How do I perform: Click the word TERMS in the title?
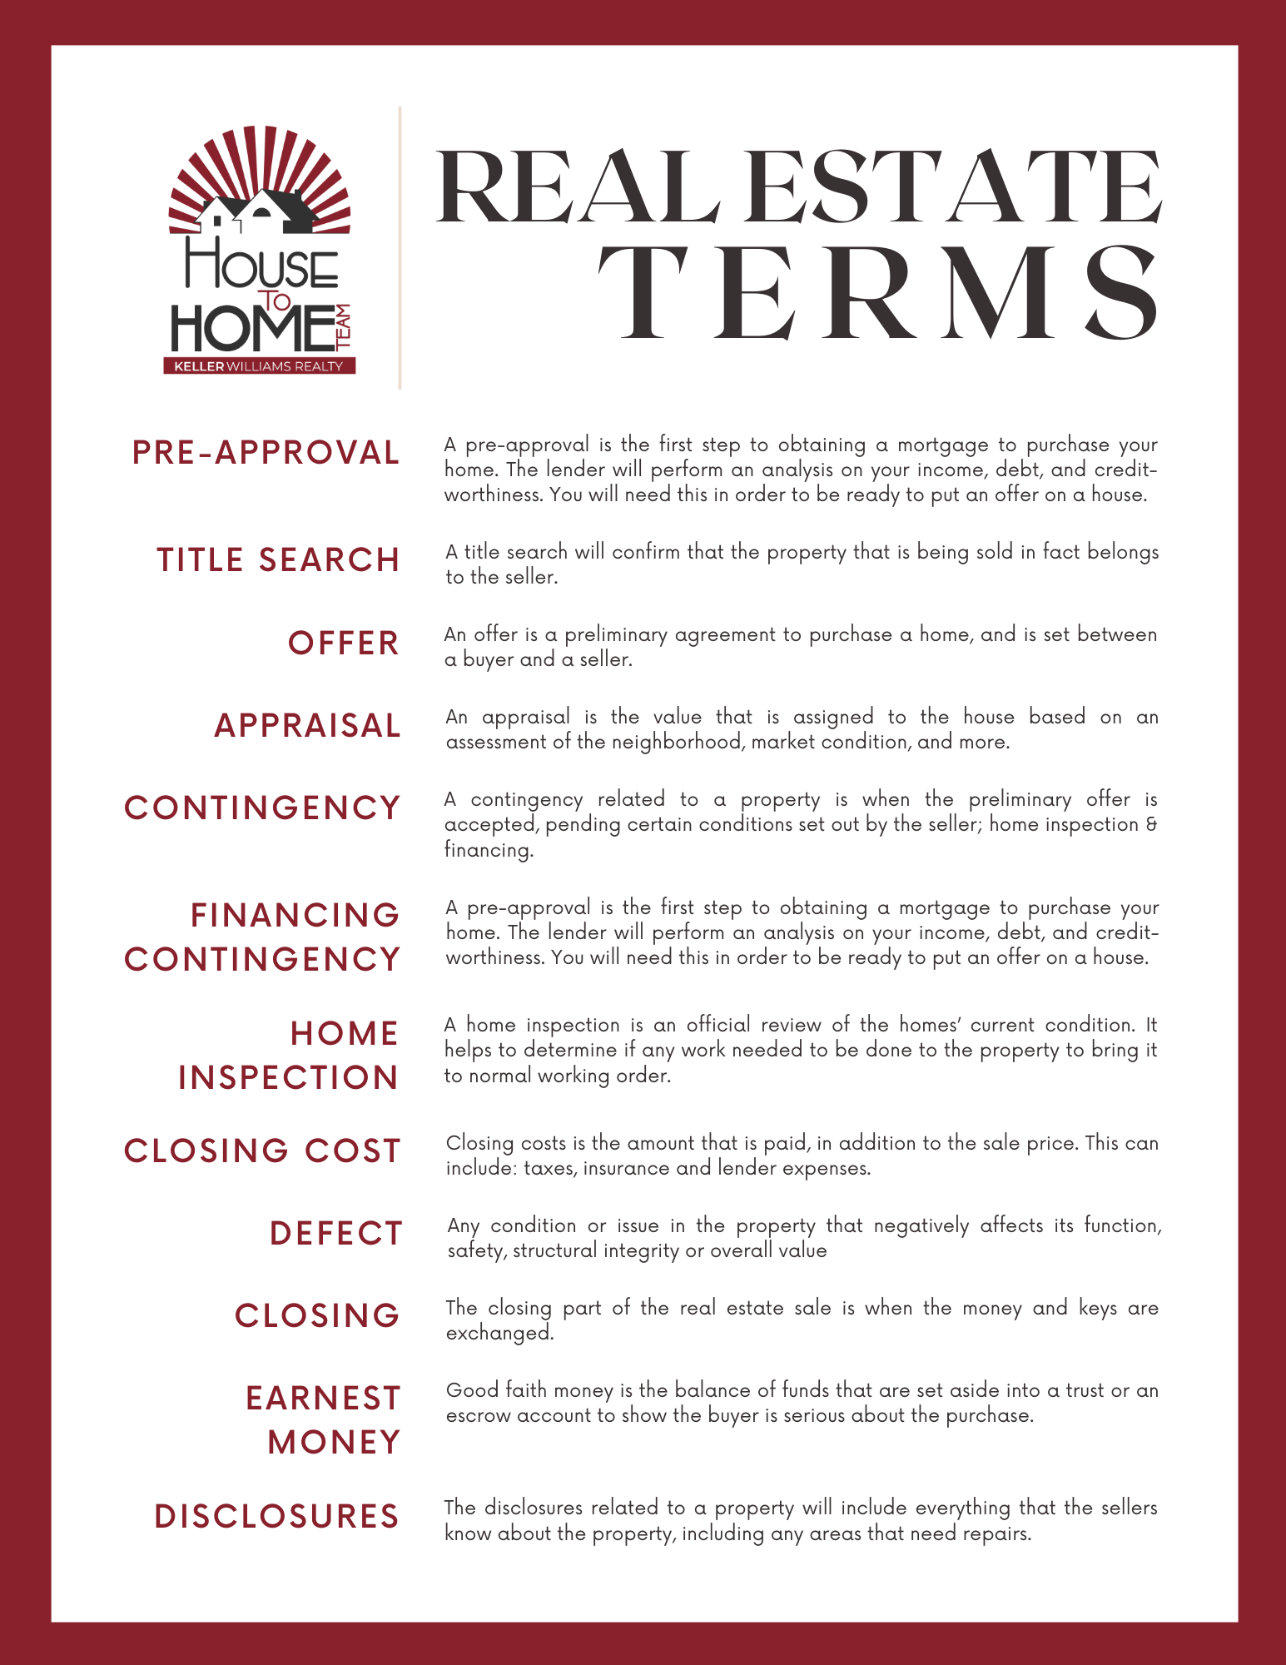878,293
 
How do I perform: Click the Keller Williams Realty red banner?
259,366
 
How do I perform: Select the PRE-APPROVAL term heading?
266,453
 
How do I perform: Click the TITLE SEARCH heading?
279,560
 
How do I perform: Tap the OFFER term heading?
344,644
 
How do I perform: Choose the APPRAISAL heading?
308,726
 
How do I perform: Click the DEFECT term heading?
336,1234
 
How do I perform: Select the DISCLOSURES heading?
277,1517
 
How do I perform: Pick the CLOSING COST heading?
263,1151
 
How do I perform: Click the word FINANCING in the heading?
295,916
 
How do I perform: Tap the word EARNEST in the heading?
324,1399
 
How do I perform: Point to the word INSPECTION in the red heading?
289,1078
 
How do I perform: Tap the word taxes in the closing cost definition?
549,1169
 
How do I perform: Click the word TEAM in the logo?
345,326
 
